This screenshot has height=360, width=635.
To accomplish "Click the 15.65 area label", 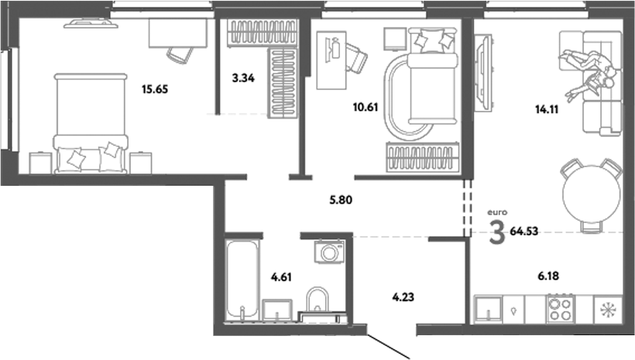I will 155,89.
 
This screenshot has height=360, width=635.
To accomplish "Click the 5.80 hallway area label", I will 342,199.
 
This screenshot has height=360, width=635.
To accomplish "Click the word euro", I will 496,211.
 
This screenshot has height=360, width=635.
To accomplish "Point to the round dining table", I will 592,194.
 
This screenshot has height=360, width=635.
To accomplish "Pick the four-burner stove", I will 560,310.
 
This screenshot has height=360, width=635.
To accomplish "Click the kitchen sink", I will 489,310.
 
